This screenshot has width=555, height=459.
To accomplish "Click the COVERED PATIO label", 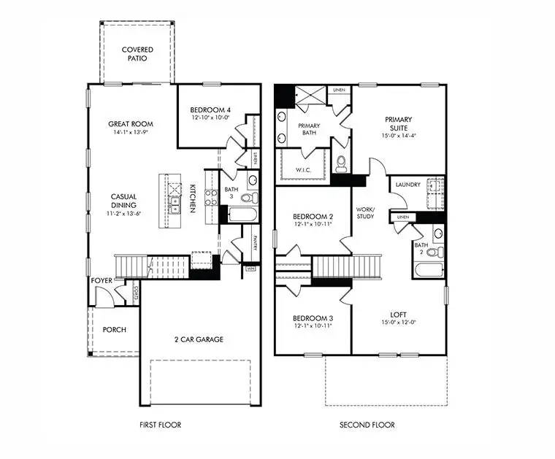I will (x=137, y=53).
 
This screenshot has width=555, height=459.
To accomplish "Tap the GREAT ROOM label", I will (x=131, y=124).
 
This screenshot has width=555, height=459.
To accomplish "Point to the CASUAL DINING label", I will (x=124, y=201).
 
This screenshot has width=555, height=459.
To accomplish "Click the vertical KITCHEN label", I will (x=193, y=198).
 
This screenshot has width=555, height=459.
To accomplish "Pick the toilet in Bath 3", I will (x=247, y=198).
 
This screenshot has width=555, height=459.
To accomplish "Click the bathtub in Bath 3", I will (x=242, y=215).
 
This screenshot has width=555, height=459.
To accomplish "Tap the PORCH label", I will (x=114, y=330).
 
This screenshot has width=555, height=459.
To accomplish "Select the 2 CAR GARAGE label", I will (x=199, y=339).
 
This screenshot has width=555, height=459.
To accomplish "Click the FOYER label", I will (x=101, y=280).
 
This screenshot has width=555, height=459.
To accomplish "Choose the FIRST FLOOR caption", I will (x=160, y=425).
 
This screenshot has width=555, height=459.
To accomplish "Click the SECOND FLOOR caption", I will (x=367, y=425).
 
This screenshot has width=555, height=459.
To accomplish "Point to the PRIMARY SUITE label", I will (x=399, y=124).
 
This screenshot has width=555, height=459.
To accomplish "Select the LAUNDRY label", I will (x=407, y=185).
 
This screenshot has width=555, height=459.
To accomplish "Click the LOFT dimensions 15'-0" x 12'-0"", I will (x=399, y=323).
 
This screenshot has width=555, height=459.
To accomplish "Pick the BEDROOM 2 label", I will (x=313, y=217).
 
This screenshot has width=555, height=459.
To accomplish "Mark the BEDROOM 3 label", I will (x=313, y=318).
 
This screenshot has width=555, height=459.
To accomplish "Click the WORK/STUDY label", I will (x=365, y=212).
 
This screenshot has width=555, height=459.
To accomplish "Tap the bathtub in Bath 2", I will (x=428, y=270).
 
